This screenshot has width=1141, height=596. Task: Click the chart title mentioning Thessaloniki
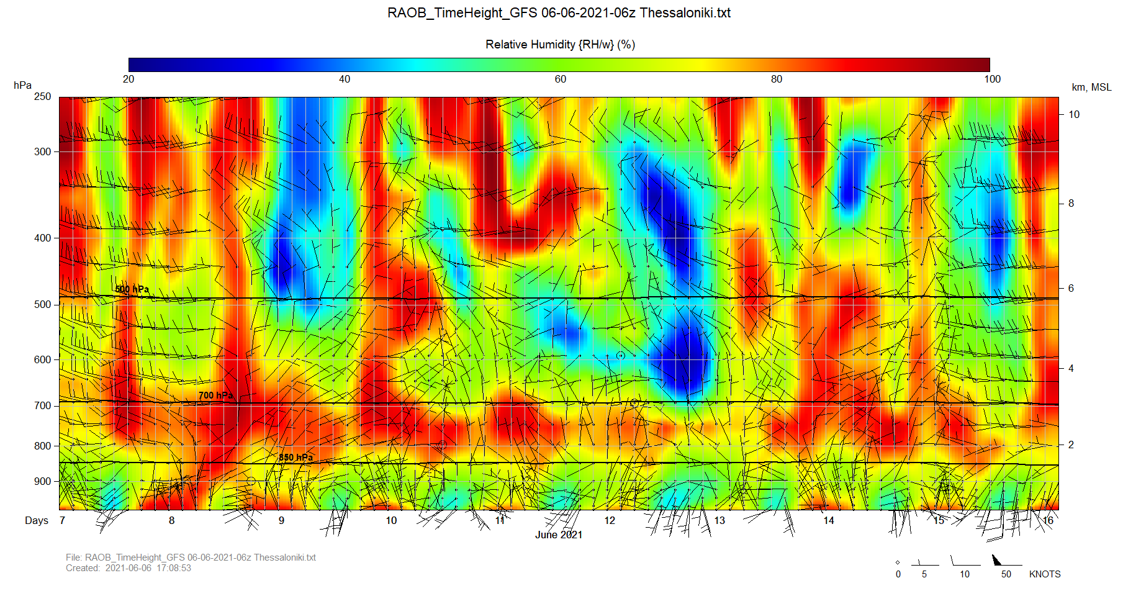click(559, 13)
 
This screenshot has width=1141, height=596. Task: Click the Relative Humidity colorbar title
click(560, 45)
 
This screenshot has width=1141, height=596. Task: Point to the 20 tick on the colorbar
click(129, 79)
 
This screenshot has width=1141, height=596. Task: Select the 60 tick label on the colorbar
click(561, 79)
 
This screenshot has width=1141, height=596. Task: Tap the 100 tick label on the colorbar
click(992, 79)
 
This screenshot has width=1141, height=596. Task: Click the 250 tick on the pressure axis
click(42, 96)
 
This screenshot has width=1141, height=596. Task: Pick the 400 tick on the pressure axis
click(42, 238)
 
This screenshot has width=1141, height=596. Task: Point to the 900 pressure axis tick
click(42, 481)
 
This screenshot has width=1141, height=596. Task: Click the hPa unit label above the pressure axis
click(22, 85)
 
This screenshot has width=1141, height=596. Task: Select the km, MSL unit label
click(1091, 87)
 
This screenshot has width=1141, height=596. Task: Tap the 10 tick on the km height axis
click(1074, 114)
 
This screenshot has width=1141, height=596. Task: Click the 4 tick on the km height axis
click(1071, 368)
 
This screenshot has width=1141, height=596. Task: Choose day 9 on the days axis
click(281, 520)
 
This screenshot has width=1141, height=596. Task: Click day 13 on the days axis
click(719, 520)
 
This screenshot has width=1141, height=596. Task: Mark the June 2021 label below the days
click(559, 535)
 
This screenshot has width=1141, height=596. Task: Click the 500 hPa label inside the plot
click(132, 289)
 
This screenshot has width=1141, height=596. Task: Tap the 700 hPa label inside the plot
click(215, 395)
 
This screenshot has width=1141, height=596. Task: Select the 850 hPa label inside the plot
click(295, 458)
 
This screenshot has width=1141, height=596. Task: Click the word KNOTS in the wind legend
click(1045, 574)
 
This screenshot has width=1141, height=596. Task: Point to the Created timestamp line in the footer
click(129, 568)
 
